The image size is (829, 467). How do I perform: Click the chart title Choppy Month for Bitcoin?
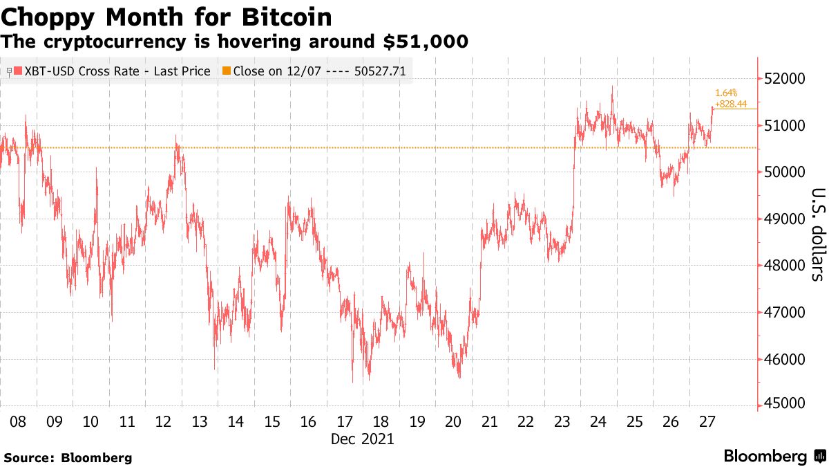166,16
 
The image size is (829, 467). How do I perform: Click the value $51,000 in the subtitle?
426,42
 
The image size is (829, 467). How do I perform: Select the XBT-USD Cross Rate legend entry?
111,71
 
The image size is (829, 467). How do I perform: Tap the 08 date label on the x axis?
18,421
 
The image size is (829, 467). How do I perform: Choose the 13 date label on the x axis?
199,421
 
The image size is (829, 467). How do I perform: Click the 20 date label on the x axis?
453,421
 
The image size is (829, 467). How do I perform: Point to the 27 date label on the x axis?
707,421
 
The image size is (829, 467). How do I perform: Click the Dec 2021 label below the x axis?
362,439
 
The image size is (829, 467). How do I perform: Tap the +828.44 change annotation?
731,104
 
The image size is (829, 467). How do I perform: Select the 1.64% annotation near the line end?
726,93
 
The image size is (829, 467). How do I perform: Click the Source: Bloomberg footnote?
68,457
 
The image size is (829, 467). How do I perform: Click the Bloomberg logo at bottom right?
774,457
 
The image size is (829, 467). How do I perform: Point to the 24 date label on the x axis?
598,421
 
